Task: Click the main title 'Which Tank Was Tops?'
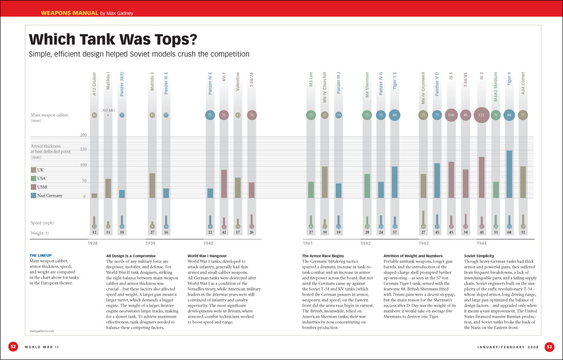click(113, 40)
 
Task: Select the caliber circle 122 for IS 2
click(481, 115)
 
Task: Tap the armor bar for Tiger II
click(509, 174)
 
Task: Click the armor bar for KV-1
click(224, 183)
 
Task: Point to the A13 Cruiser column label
click(94, 84)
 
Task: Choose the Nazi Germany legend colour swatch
click(33, 195)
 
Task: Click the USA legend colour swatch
click(33, 178)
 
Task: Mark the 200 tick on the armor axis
click(83, 135)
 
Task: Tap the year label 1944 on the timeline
click(482, 243)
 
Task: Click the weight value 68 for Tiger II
click(509, 233)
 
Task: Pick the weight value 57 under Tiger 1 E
click(395, 233)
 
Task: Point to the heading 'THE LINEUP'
click(40, 256)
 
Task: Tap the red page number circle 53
click(549, 346)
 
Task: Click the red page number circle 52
click(13, 346)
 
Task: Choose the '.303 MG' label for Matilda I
click(108, 110)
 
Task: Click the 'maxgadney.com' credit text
click(41, 330)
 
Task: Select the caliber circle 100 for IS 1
click(451, 115)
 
